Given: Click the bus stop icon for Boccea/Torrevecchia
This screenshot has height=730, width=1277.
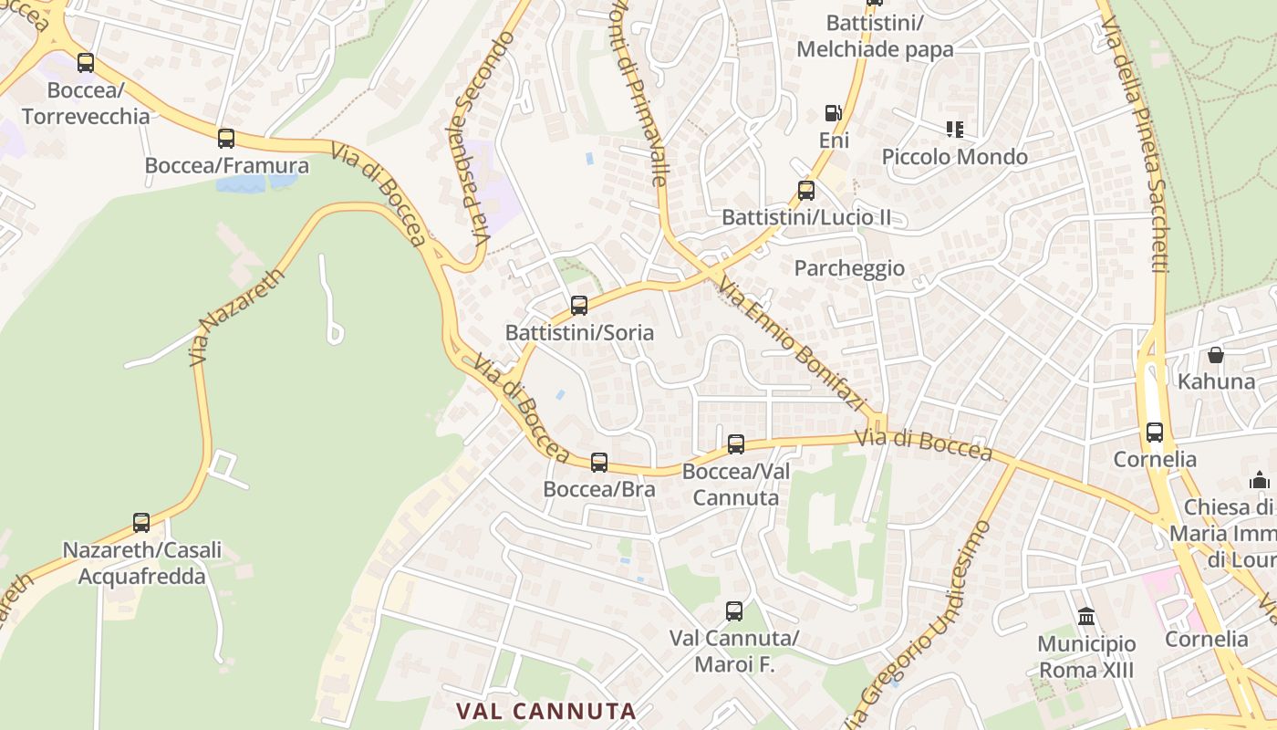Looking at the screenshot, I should tap(86, 63).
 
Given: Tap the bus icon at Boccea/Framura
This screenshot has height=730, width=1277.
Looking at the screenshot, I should tap(226, 139).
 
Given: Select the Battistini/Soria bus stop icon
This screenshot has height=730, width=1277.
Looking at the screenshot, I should tap(579, 306).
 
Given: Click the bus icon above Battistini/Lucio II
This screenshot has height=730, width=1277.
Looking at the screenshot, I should tap(806, 191).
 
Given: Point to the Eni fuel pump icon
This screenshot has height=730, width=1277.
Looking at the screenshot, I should tap(833, 113).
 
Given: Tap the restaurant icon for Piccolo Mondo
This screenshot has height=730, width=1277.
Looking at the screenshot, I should tap(955, 130).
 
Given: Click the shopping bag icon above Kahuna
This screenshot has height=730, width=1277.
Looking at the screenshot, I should tap(1216, 354).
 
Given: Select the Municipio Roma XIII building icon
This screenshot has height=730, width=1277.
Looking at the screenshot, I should tap(1086, 617).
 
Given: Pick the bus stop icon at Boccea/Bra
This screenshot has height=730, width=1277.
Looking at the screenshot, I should tap(599, 463).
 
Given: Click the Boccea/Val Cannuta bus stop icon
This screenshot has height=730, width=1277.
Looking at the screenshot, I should tap(736, 444).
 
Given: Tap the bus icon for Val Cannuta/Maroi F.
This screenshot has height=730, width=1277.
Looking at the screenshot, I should tap(734, 611).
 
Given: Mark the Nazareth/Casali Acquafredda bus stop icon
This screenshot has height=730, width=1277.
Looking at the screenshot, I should tap(141, 523).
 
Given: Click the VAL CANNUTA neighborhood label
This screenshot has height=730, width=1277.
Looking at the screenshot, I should tap(545, 711).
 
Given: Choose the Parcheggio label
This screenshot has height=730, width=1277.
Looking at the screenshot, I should tap(849, 268).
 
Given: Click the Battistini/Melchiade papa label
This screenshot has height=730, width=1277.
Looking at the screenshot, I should tap(875, 36).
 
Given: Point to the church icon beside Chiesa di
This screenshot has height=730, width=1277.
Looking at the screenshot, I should tap(1261, 480).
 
